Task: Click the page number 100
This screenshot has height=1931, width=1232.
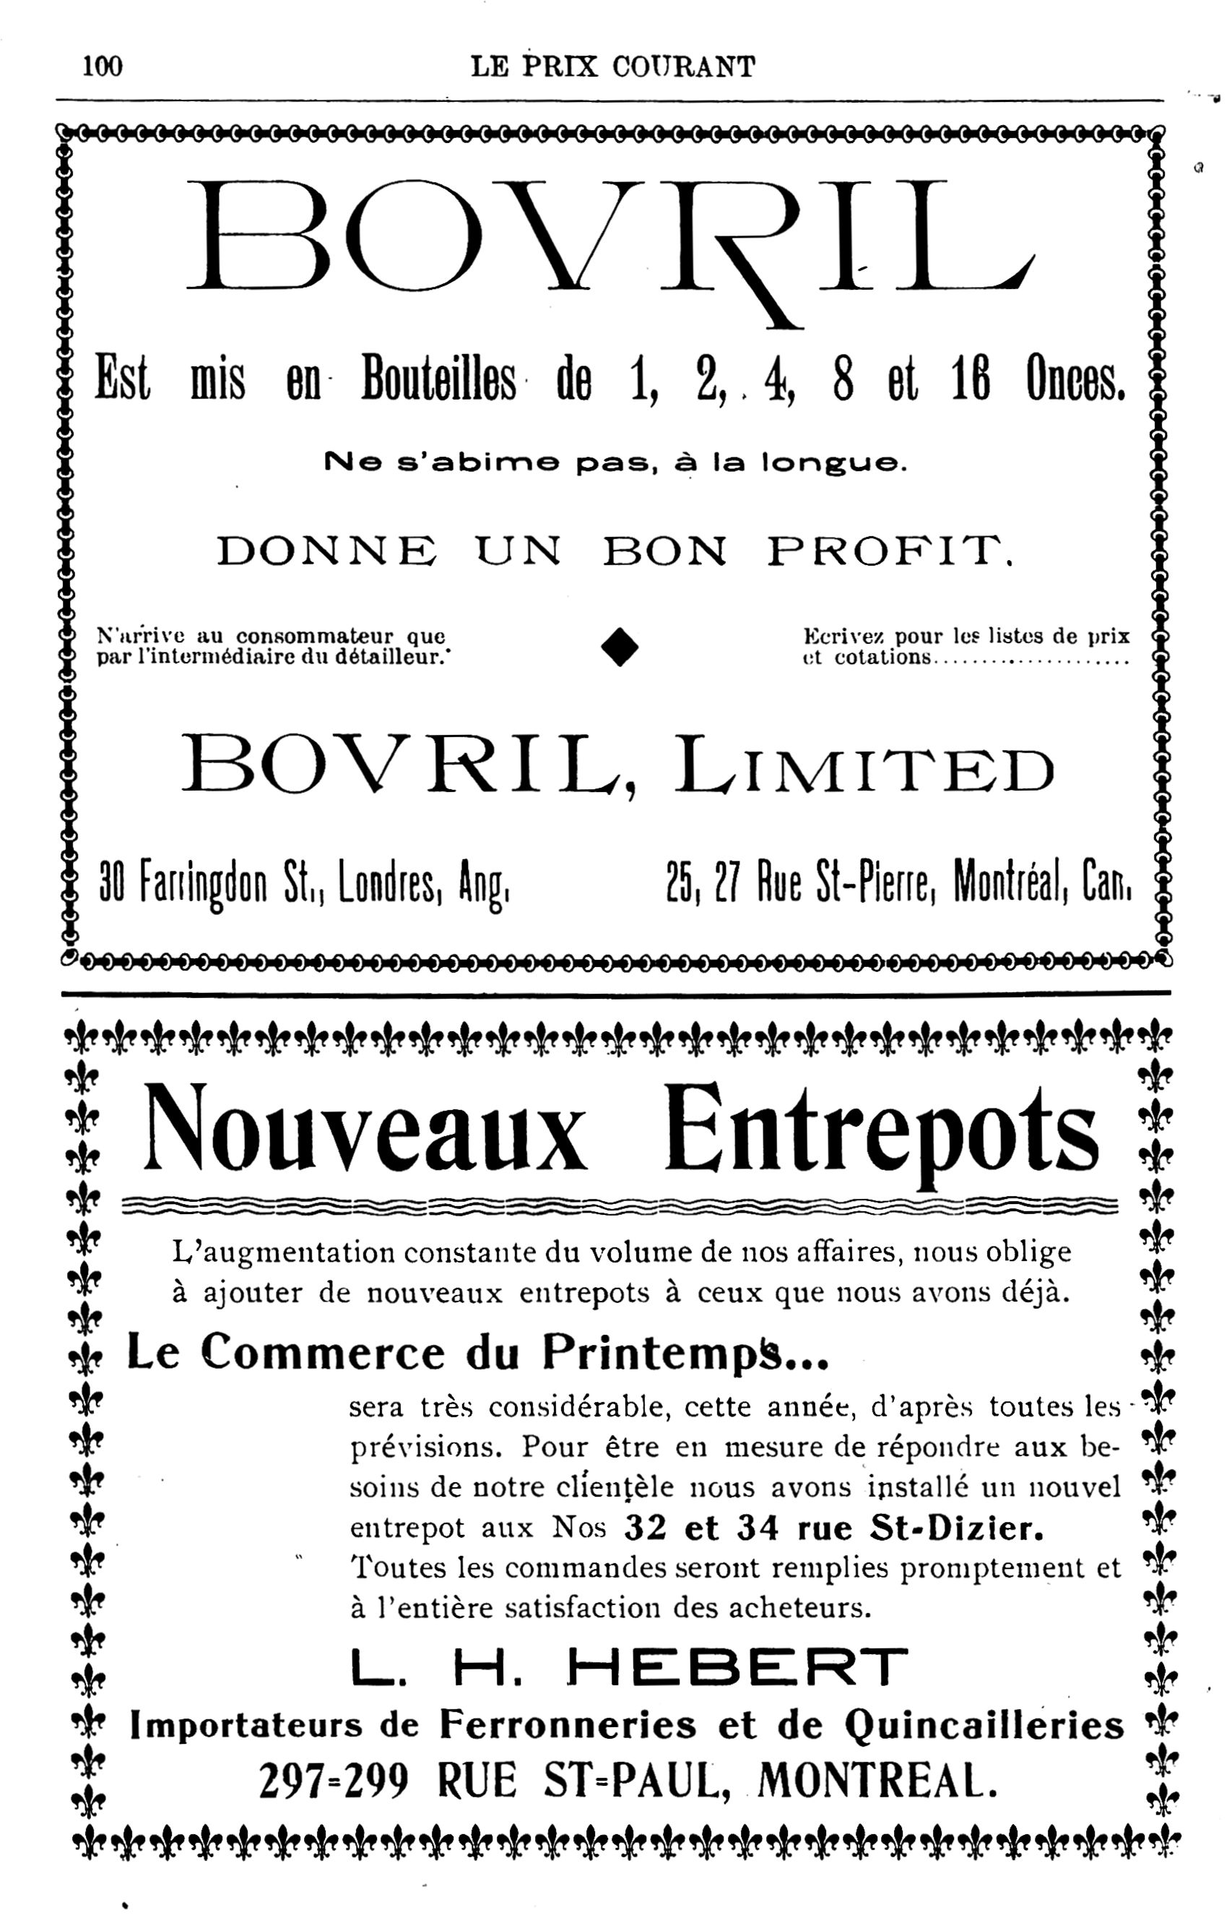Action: (102, 66)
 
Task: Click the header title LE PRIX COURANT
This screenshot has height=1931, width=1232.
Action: (612, 66)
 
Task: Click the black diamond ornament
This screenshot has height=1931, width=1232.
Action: (620, 646)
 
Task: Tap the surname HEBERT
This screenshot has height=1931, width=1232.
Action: (737, 1668)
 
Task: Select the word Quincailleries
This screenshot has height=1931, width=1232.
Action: (985, 1726)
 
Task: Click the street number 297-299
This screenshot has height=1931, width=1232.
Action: (334, 1783)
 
